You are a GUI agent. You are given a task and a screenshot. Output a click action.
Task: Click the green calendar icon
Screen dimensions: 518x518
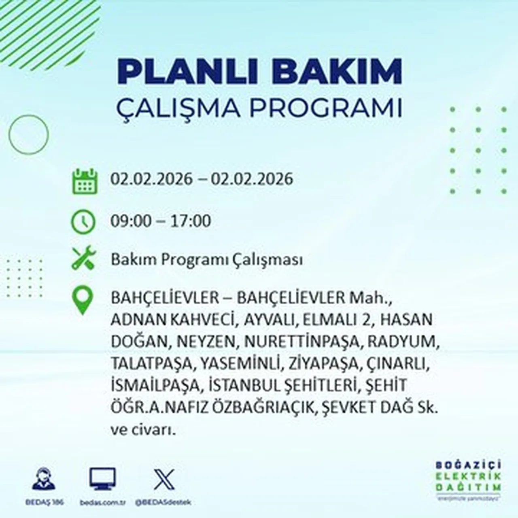[85, 181]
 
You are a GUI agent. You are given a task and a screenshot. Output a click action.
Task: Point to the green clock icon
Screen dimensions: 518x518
[83, 222]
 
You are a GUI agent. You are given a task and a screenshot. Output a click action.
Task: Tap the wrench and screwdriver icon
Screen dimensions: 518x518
[83, 258]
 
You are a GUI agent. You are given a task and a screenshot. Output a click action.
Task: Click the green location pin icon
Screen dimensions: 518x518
[83, 300]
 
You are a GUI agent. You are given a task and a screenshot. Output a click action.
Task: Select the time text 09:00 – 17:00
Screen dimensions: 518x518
[161, 221]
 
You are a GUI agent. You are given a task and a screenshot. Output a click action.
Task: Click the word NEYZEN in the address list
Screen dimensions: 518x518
[206, 342]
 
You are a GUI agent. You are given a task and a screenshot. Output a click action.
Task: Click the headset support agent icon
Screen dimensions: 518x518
[44, 479]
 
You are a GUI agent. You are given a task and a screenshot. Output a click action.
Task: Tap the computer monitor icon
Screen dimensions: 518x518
[102, 479]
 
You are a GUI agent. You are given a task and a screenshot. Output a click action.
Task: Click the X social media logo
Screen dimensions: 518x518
[164, 479]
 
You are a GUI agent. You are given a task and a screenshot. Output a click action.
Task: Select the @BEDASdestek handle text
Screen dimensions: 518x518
[163, 502]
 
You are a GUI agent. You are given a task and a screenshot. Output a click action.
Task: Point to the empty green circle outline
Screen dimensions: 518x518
[28, 134]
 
